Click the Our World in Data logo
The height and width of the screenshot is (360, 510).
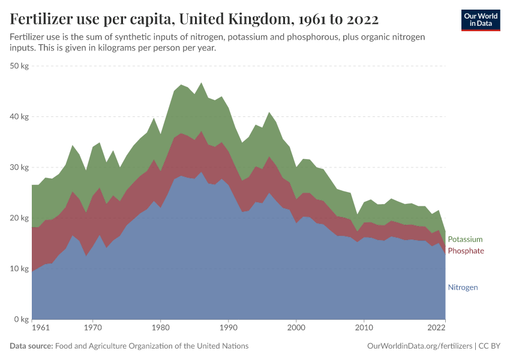[x=480, y=20]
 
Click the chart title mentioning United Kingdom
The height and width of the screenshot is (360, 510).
[x=194, y=19]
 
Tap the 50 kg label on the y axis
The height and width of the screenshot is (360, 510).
[x=20, y=66]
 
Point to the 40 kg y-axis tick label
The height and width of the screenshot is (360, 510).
[x=20, y=117]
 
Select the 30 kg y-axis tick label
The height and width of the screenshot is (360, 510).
[x=20, y=167]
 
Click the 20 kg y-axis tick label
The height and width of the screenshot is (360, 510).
[x=20, y=218]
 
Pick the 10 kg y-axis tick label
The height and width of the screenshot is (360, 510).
[x=20, y=269]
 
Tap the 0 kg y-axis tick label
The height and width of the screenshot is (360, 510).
[x=22, y=319]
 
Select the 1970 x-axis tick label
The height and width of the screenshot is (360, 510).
[x=92, y=328]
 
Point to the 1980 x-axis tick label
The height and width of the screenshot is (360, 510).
[x=160, y=328]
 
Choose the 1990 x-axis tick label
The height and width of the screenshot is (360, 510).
[x=228, y=328]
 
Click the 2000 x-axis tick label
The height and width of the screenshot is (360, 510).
[x=296, y=328]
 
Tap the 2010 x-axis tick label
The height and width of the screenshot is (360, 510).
[x=364, y=328]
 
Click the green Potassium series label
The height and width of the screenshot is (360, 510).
[x=465, y=239]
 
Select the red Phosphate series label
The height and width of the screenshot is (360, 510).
[x=466, y=251]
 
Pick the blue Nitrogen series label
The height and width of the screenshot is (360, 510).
[x=463, y=287]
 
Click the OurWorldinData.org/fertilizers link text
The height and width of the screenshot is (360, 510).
[x=419, y=346]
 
